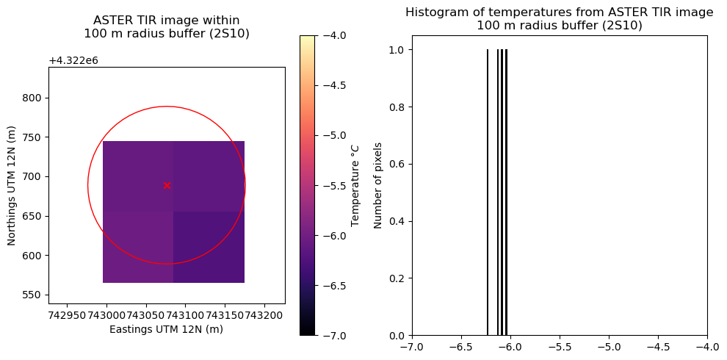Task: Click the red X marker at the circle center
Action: click(x=167, y=185)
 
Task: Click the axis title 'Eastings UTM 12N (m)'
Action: click(x=166, y=329)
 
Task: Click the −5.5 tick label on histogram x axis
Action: click(x=559, y=347)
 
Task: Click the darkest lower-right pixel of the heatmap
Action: click(x=209, y=247)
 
